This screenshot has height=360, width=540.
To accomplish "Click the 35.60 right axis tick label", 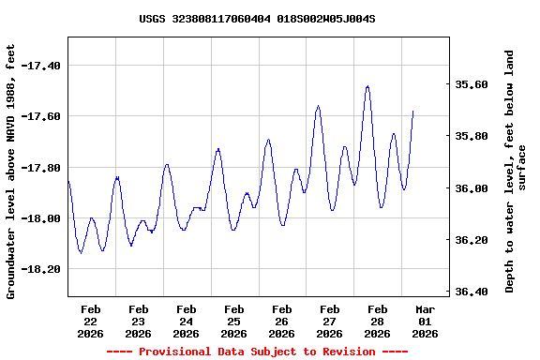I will (x=472, y=84).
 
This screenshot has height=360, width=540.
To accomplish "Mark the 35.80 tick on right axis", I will (x=472, y=136).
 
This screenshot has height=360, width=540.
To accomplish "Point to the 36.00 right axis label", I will (x=472, y=188).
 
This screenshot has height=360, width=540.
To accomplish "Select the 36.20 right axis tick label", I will (x=472, y=240).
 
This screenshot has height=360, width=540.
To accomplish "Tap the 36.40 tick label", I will (x=472, y=292).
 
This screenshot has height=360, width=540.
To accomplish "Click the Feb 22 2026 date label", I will (x=91, y=321).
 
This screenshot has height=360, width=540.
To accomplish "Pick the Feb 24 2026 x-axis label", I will (x=187, y=321).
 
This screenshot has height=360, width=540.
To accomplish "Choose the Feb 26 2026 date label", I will (x=282, y=321).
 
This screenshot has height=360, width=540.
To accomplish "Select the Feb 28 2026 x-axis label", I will (x=378, y=321).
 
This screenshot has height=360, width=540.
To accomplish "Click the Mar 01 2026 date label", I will (x=426, y=321).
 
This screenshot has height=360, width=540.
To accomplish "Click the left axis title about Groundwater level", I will (x=11, y=171).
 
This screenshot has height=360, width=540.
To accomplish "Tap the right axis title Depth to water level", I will (x=516, y=171).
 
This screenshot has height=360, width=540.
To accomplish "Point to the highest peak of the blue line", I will (x=367, y=86).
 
